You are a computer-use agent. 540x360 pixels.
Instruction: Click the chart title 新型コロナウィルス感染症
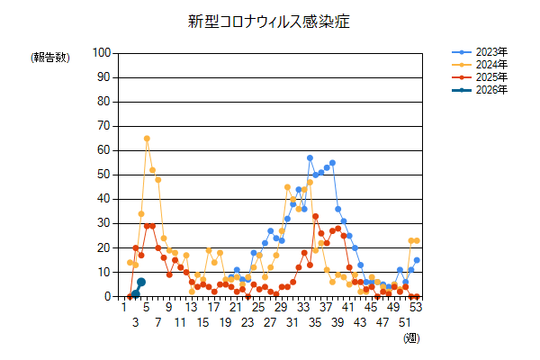click(x=271, y=20)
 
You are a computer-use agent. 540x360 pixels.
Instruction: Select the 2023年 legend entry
click(x=490, y=52)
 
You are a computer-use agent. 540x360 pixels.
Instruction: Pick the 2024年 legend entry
click(x=490, y=65)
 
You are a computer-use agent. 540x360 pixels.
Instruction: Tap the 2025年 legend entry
click(x=490, y=77)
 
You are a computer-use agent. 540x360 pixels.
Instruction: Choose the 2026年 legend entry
click(x=490, y=90)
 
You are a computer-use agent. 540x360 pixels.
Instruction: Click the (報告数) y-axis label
click(x=50, y=58)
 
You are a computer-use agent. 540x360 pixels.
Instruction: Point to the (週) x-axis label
click(x=410, y=337)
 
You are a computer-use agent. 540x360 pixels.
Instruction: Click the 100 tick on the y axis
click(x=101, y=53)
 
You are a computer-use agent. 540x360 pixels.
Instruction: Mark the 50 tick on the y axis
click(x=103, y=175)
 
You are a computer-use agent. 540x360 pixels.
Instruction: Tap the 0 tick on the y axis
click(x=106, y=296)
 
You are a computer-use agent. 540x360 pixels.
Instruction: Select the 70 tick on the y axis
click(x=103, y=126)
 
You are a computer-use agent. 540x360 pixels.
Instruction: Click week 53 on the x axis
click(x=417, y=307)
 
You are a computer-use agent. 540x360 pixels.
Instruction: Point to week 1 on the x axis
click(x=124, y=307)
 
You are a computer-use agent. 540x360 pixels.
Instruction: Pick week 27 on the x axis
click(x=270, y=321)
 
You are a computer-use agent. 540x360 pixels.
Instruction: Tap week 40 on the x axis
click(x=344, y=307)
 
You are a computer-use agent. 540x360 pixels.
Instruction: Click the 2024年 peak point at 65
click(x=147, y=139)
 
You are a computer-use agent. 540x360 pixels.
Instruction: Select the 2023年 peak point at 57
click(x=310, y=157)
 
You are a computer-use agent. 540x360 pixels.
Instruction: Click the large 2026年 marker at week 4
click(x=141, y=282)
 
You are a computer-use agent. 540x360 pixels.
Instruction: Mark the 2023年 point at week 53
click(x=417, y=260)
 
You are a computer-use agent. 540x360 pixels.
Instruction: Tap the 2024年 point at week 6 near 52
click(x=152, y=170)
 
